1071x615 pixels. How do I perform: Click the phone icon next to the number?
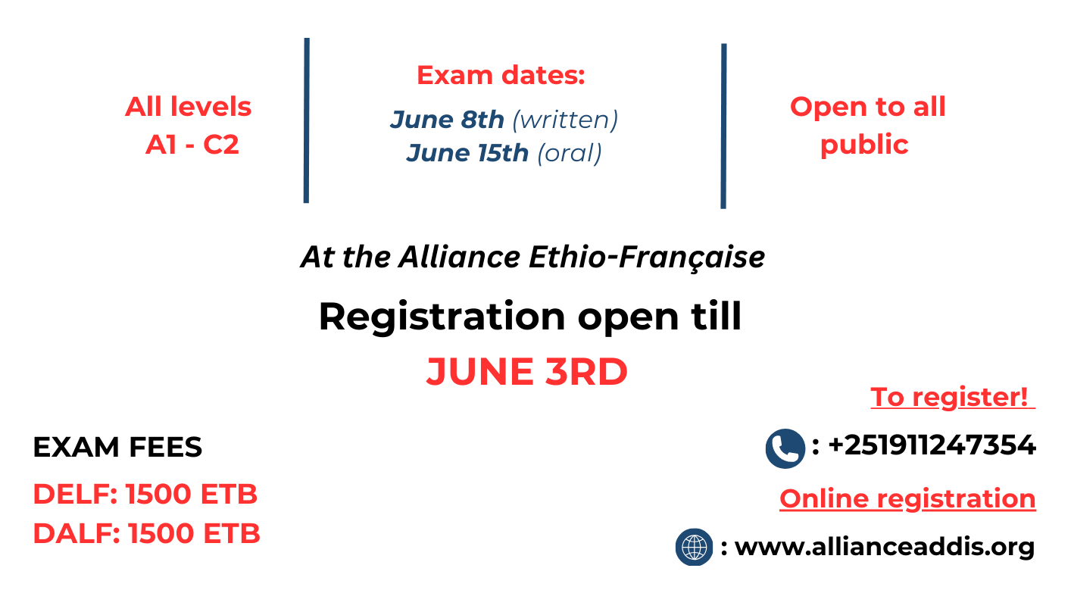click(785, 448)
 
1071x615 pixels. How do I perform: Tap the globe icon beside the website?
click(694, 547)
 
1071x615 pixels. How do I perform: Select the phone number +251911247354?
click(932, 445)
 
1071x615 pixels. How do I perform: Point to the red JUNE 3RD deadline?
click(526, 372)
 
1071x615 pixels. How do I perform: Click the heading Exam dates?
click(501, 76)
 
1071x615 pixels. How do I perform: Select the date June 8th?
click(447, 120)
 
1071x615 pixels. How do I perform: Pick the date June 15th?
click(467, 153)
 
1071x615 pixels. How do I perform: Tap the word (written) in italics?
click(565, 120)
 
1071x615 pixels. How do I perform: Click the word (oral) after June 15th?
click(569, 153)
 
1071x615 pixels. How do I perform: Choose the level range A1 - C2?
click(192, 145)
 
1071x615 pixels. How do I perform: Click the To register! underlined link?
click(951, 397)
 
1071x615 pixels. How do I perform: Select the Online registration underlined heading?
click(907, 498)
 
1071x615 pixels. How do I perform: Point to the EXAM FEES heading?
click(117, 448)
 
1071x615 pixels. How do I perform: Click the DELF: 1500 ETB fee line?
click(145, 495)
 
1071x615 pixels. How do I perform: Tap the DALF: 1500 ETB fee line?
click(146, 534)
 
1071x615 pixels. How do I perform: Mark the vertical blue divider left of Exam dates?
click(306, 120)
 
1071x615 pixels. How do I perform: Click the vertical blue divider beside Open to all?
click(723, 126)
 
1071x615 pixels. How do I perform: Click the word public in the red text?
click(864, 144)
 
